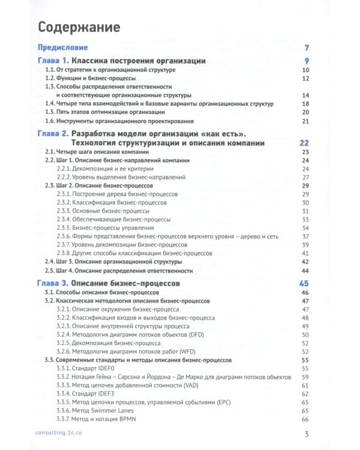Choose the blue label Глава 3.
(52, 282)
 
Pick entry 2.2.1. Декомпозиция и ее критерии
(104, 169)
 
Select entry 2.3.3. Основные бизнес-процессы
(103, 211)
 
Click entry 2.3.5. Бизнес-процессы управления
(104, 228)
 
